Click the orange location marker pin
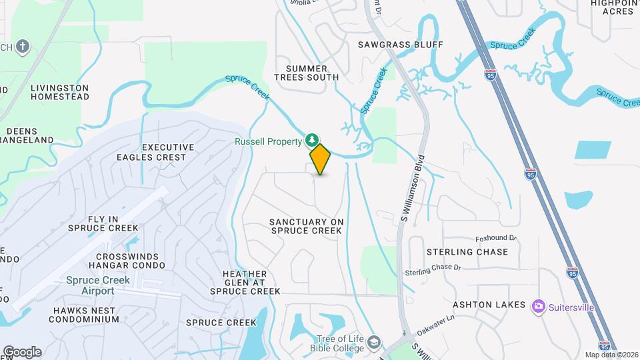tap(321, 159)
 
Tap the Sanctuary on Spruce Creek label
tap(306, 226)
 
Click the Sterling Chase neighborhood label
tap(467, 252)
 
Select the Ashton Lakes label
tap(489, 305)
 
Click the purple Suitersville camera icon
tap(538, 307)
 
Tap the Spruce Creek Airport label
tap(98, 285)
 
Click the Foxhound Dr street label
tap(496, 238)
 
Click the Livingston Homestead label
tap(60, 92)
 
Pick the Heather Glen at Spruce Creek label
tap(245, 283)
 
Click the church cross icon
tap(23, 46)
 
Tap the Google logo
tap(22, 351)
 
